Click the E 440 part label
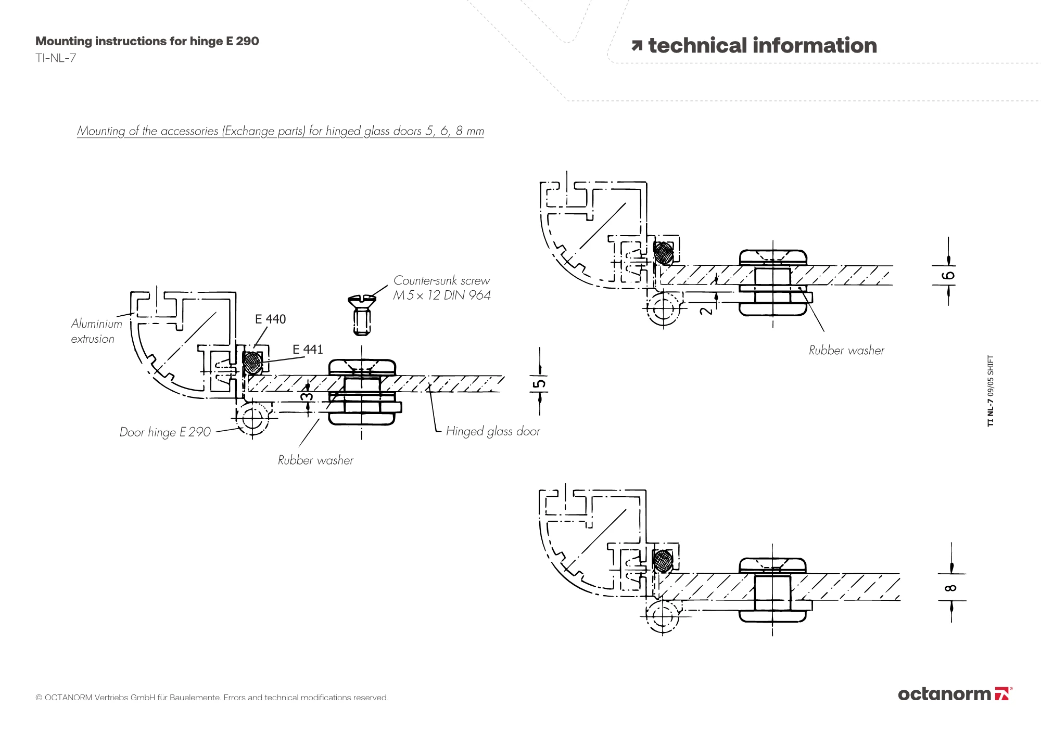coord(270,319)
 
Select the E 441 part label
coord(308,349)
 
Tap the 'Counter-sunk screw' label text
coord(441,280)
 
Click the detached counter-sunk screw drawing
coord(362,315)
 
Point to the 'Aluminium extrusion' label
coord(96,331)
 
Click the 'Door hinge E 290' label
coord(165,432)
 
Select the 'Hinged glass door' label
coord(493,431)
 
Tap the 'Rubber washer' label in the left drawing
coord(315,460)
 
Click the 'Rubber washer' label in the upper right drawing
coord(846,350)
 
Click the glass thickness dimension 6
coord(949,275)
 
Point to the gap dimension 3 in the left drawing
coord(308,397)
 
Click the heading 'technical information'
coord(763,45)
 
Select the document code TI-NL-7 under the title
coord(56,58)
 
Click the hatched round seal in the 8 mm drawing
coord(663,561)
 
